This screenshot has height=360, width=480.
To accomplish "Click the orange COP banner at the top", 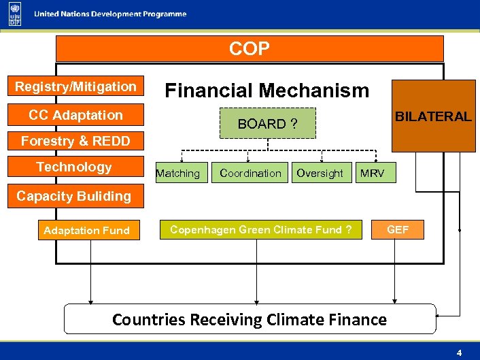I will pos(249,49).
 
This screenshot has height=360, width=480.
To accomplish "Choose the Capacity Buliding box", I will pos(73,196).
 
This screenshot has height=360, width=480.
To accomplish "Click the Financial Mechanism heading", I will pos(267,91).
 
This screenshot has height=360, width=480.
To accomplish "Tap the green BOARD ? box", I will pos(268,124).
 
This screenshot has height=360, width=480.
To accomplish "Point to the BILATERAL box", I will pos(433,116).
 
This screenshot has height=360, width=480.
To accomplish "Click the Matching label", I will pos(177,174).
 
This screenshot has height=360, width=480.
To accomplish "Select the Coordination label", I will pos(250,174).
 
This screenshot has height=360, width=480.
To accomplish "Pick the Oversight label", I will pos(320,174).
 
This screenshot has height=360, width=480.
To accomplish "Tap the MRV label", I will pos(372,174).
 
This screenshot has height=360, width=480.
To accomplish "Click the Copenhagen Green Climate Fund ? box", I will pos(260,230).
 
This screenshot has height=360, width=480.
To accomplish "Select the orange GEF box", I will pos(398,230).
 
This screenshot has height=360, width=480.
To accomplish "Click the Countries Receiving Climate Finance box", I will pos(250,319).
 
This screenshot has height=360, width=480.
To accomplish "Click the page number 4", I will pos(459,353).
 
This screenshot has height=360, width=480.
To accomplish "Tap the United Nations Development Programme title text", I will pos(111,14).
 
